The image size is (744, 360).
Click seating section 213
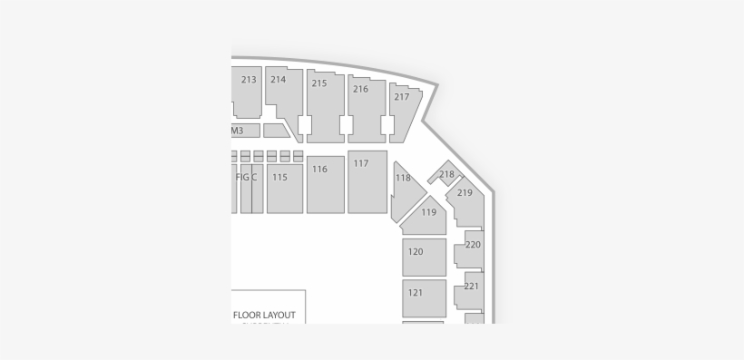(x=247, y=91)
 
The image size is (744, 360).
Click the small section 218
(x=445, y=175)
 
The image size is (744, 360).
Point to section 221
(x=472, y=287)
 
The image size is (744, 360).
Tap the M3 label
(x=237, y=131)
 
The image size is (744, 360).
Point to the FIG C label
(x=246, y=178)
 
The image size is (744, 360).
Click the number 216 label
(x=360, y=89)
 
